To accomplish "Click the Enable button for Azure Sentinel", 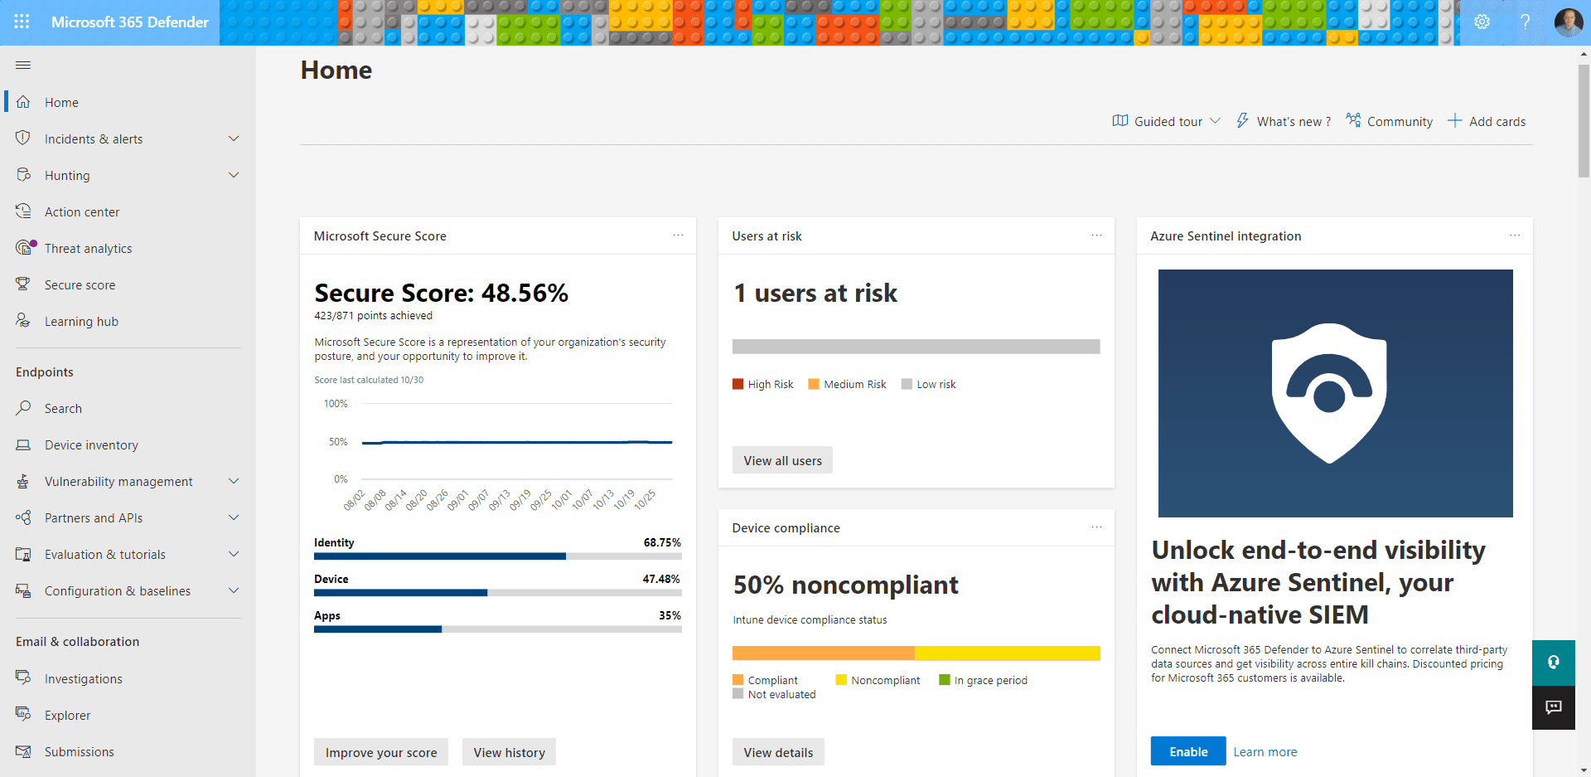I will [x=1187, y=751].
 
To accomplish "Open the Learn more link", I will [x=1265, y=752].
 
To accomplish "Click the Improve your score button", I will [x=380, y=752].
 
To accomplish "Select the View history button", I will [x=509, y=752].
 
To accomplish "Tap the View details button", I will [x=777, y=752].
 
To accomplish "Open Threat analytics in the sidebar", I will [x=88, y=249].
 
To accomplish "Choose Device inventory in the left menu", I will [x=91, y=445].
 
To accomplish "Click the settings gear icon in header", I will [x=1482, y=22].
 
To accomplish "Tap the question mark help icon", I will [x=1525, y=22].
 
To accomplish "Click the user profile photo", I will [x=1568, y=22].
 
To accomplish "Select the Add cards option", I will [x=1487, y=122].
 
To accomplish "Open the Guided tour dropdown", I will [x=1167, y=122].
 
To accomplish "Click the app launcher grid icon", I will [x=22, y=22].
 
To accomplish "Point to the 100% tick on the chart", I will [x=336, y=404].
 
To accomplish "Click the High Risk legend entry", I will [x=762, y=385].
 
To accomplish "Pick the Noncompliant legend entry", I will [x=878, y=681].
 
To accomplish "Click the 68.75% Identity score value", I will [x=661, y=543].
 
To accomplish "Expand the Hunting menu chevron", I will [x=234, y=175].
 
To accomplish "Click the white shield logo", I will [x=1329, y=392].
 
